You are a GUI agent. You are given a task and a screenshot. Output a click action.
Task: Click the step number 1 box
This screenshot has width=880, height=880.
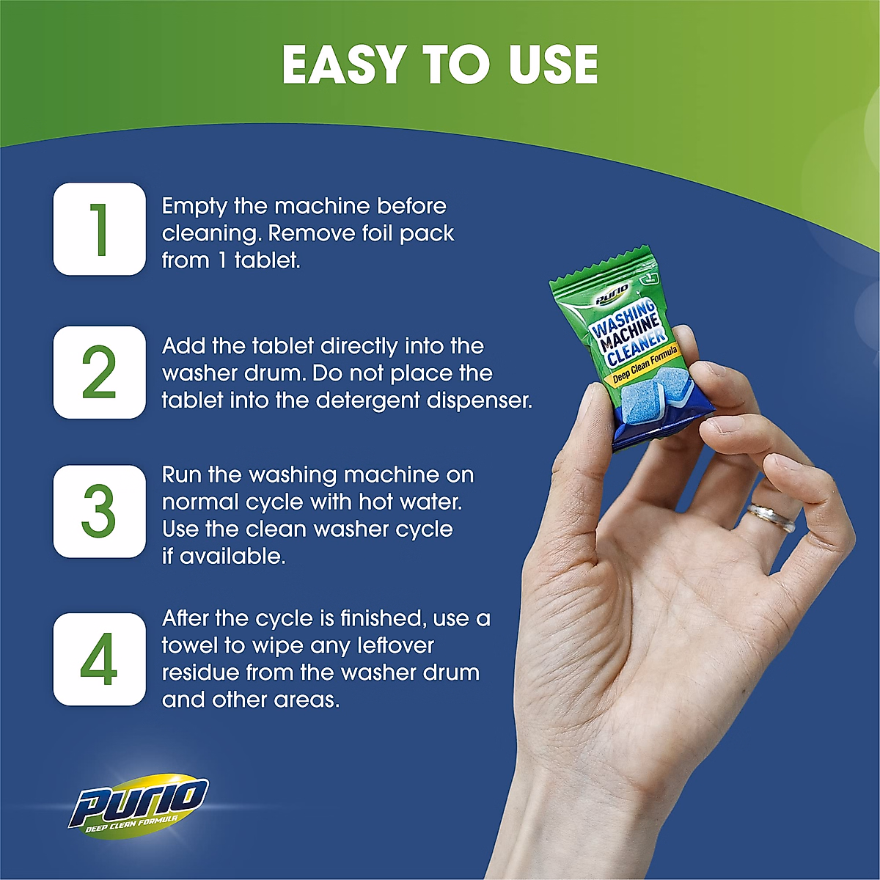(x=99, y=229)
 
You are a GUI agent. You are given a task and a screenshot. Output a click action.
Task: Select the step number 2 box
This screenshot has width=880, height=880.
(x=99, y=373)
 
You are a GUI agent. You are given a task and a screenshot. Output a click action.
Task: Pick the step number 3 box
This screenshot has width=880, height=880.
(x=99, y=511)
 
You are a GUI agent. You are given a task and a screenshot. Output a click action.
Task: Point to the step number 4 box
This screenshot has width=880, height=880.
(x=99, y=659)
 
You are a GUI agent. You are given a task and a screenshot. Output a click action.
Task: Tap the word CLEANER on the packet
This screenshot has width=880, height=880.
(x=636, y=348)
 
